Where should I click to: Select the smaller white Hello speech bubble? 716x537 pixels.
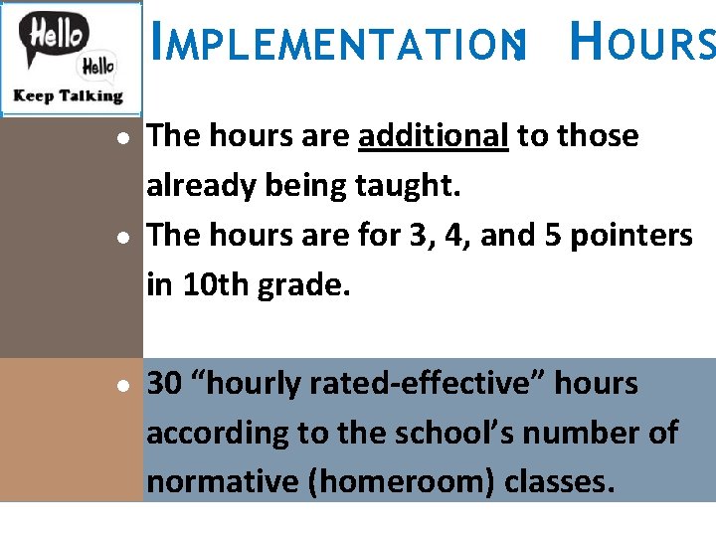pyautogui.click(x=96, y=67)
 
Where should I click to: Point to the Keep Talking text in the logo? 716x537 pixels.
pyautogui.click(x=68, y=96)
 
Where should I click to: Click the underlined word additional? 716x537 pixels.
pyautogui.click(x=434, y=136)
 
